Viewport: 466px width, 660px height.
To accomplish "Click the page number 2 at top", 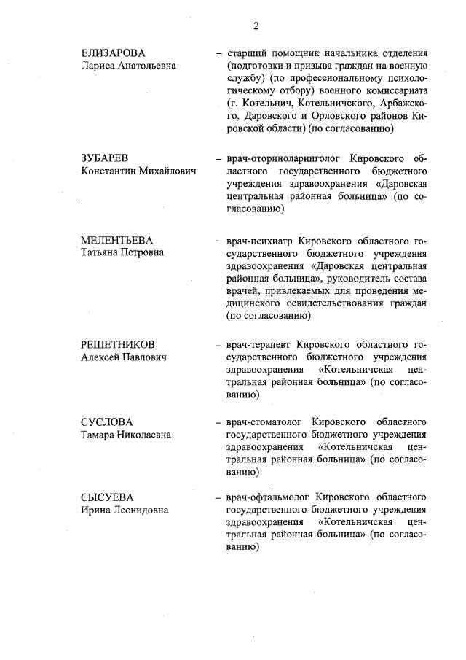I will (256, 27).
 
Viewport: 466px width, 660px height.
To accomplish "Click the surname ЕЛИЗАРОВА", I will (113, 53).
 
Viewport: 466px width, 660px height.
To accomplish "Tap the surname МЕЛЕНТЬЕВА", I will (117, 240).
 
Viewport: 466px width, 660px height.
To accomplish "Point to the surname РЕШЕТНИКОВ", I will (117, 345).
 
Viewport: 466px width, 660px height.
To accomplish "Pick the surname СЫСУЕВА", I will (107, 498).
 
